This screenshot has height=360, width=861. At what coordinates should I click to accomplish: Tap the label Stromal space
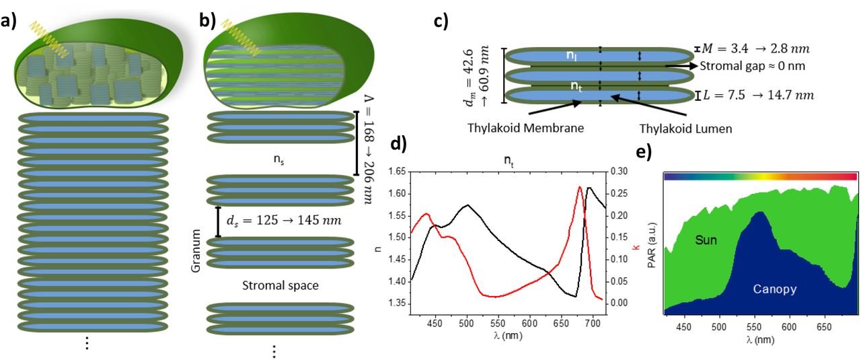coord(279,285)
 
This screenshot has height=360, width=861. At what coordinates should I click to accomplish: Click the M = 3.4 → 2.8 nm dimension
coord(753,48)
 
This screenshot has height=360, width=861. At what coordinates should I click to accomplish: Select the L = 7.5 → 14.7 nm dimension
coord(757,95)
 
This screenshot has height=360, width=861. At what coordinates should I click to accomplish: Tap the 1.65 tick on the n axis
coord(394,173)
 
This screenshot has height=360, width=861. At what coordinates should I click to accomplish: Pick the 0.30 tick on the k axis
coord(620,173)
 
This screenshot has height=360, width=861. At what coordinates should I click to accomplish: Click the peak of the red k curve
coord(580,186)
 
